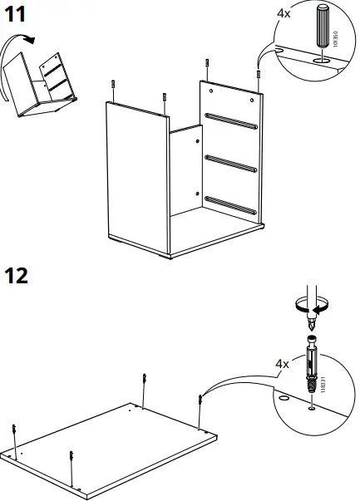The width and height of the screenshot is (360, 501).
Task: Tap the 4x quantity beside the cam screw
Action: (x=283, y=364)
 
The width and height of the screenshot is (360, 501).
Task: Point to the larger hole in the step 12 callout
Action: (x=284, y=399)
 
